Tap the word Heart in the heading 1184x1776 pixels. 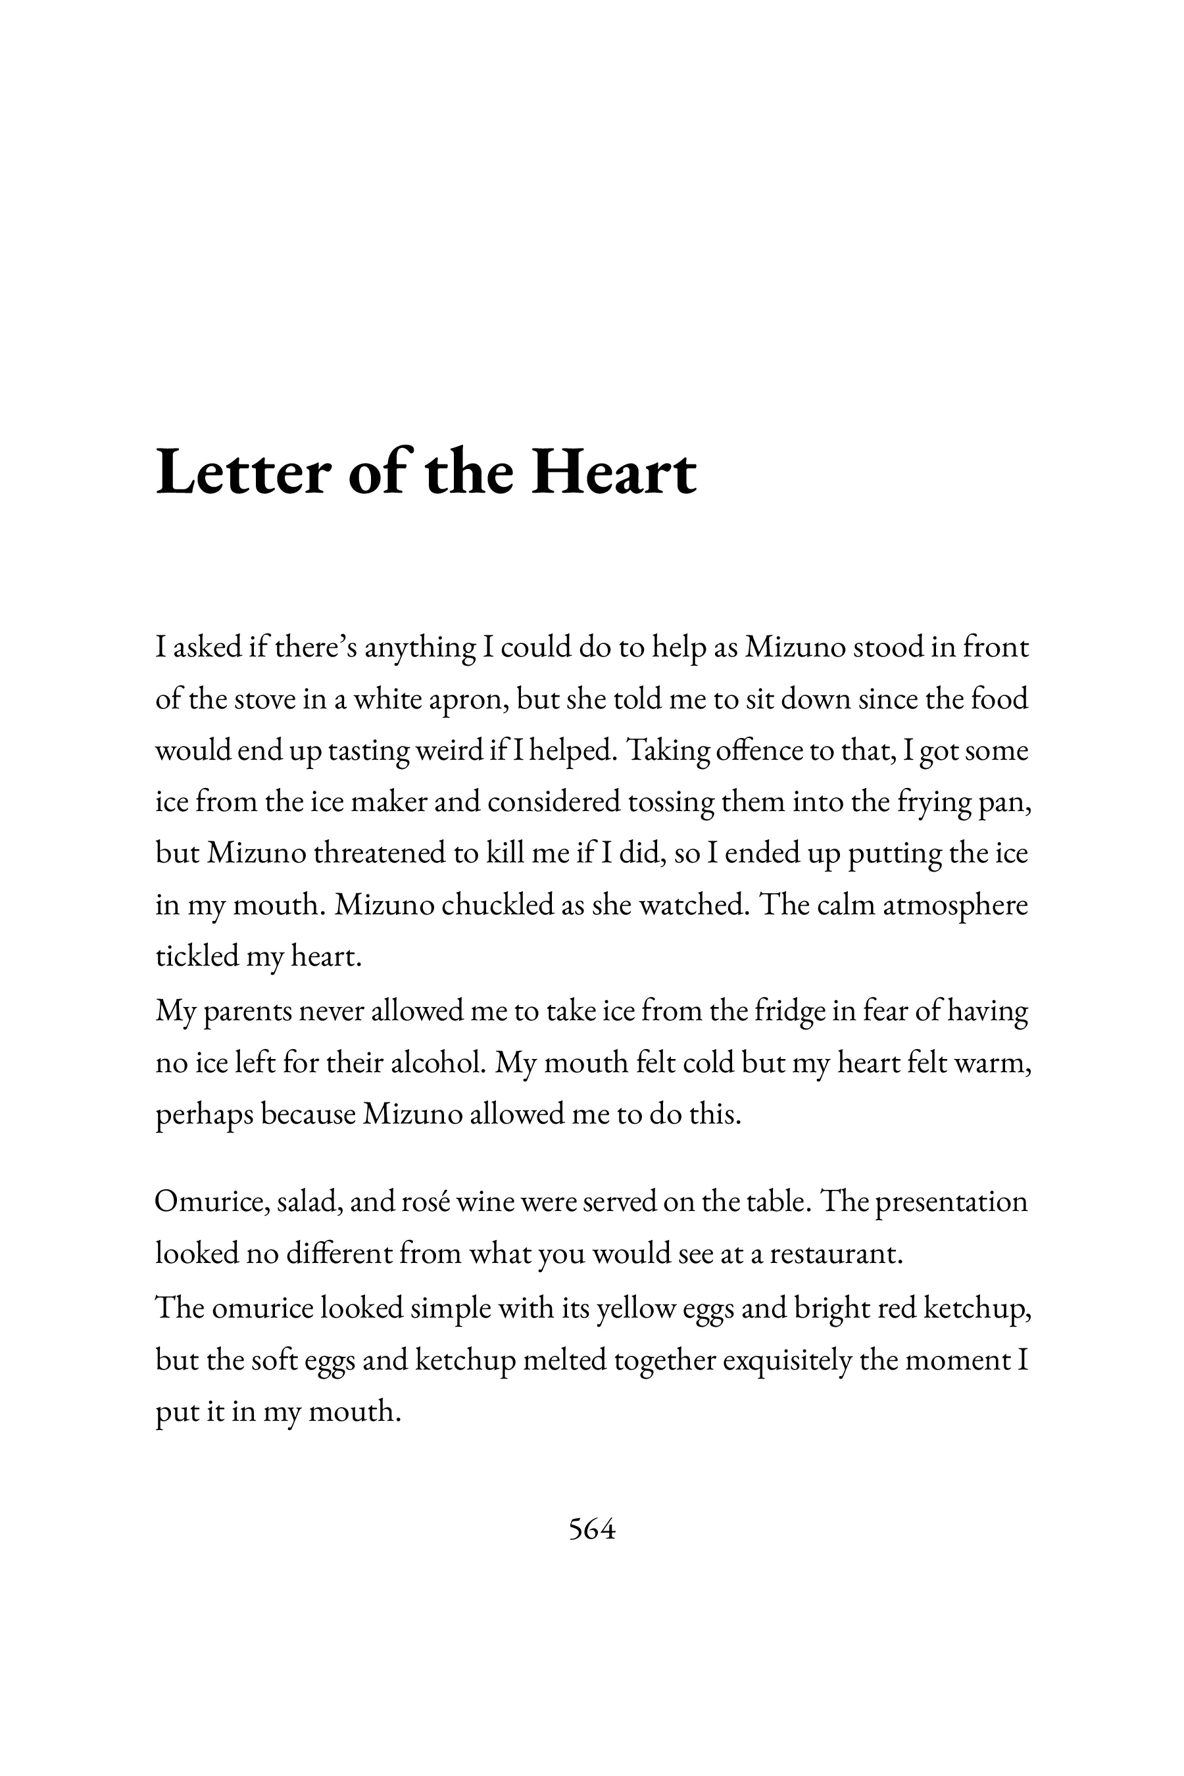pyautogui.click(x=613, y=474)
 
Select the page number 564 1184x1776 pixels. pyautogui.click(x=592, y=1529)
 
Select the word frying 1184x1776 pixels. pyautogui.click(x=933, y=802)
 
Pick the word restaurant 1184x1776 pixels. pyautogui.click(x=836, y=1254)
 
